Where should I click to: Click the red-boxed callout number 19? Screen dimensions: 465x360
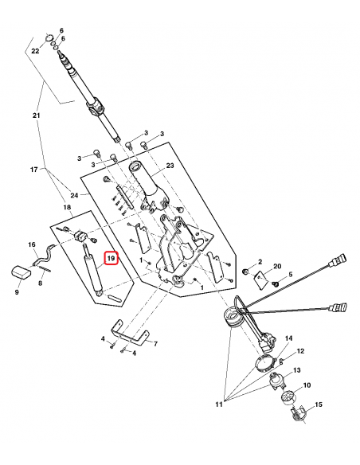pyautogui.click(x=112, y=259)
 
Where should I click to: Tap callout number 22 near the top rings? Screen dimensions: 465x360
pyautogui.click(x=35, y=50)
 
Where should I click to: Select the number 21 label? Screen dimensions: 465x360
pyautogui.click(x=35, y=117)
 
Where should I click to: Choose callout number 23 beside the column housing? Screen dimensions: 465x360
pyautogui.click(x=169, y=166)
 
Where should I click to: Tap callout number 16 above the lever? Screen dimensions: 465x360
pyautogui.click(x=33, y=244)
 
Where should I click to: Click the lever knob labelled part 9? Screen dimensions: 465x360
pyautogui.click(x=22, y=272)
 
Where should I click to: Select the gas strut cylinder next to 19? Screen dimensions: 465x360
pyautogui.click(x=92, y=271)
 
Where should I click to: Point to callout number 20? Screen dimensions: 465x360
pyautogui.click(x=277, y=266)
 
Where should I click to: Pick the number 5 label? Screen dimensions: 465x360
pyautogui.click(x=291, y=275)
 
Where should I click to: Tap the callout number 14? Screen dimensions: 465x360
pyautogui.click(x=288, y=338)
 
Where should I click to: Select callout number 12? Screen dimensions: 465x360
pyautogui.click(x=300, y=351)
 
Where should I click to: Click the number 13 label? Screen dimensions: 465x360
pyautogui.click(x=296, y=371)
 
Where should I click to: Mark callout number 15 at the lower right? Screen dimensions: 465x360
pyautogui.click(x=319, y=407)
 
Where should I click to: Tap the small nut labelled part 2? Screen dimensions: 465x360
pyautogui.click(x=247, y=272)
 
